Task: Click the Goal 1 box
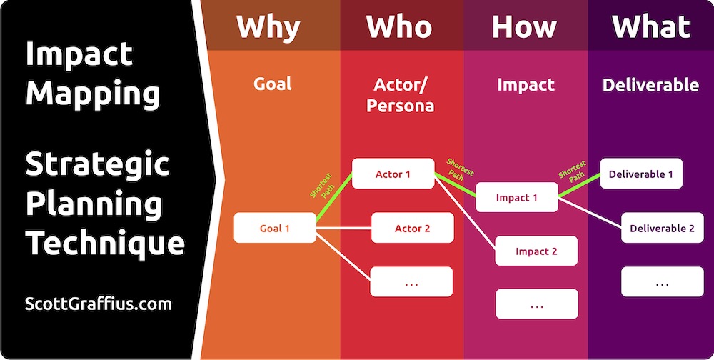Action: pyautogui.click(x=275, y=228)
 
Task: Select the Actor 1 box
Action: pyautogui.click(x=393, y=174)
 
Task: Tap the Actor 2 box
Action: pyautogui.click(x=412, y=228)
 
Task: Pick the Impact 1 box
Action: pyautogui.click(x=517, y=197)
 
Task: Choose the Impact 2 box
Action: pyautogui.click(x=536, y=251)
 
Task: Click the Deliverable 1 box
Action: pyautogui.click(x=641, y=174)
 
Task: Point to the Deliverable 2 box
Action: pyautogui.click(x=663, y=227)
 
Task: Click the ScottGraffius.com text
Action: pyautogui.click(x=99, y=304)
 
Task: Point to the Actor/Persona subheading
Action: pyautogui.click(x=401, y=95)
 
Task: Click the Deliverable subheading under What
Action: pyautogui.click(x=650, y=85)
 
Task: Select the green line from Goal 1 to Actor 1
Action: pyautogui.click(x=334, y=199)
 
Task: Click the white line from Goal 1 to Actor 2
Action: pyautogui.click(x=344, y=228)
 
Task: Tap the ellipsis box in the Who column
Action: pyautogui.click(x=411, y=281)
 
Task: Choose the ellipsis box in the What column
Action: pyautogui.click(x=663, y=281)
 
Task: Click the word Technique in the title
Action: pyautogui.click(x=105, y=245)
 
